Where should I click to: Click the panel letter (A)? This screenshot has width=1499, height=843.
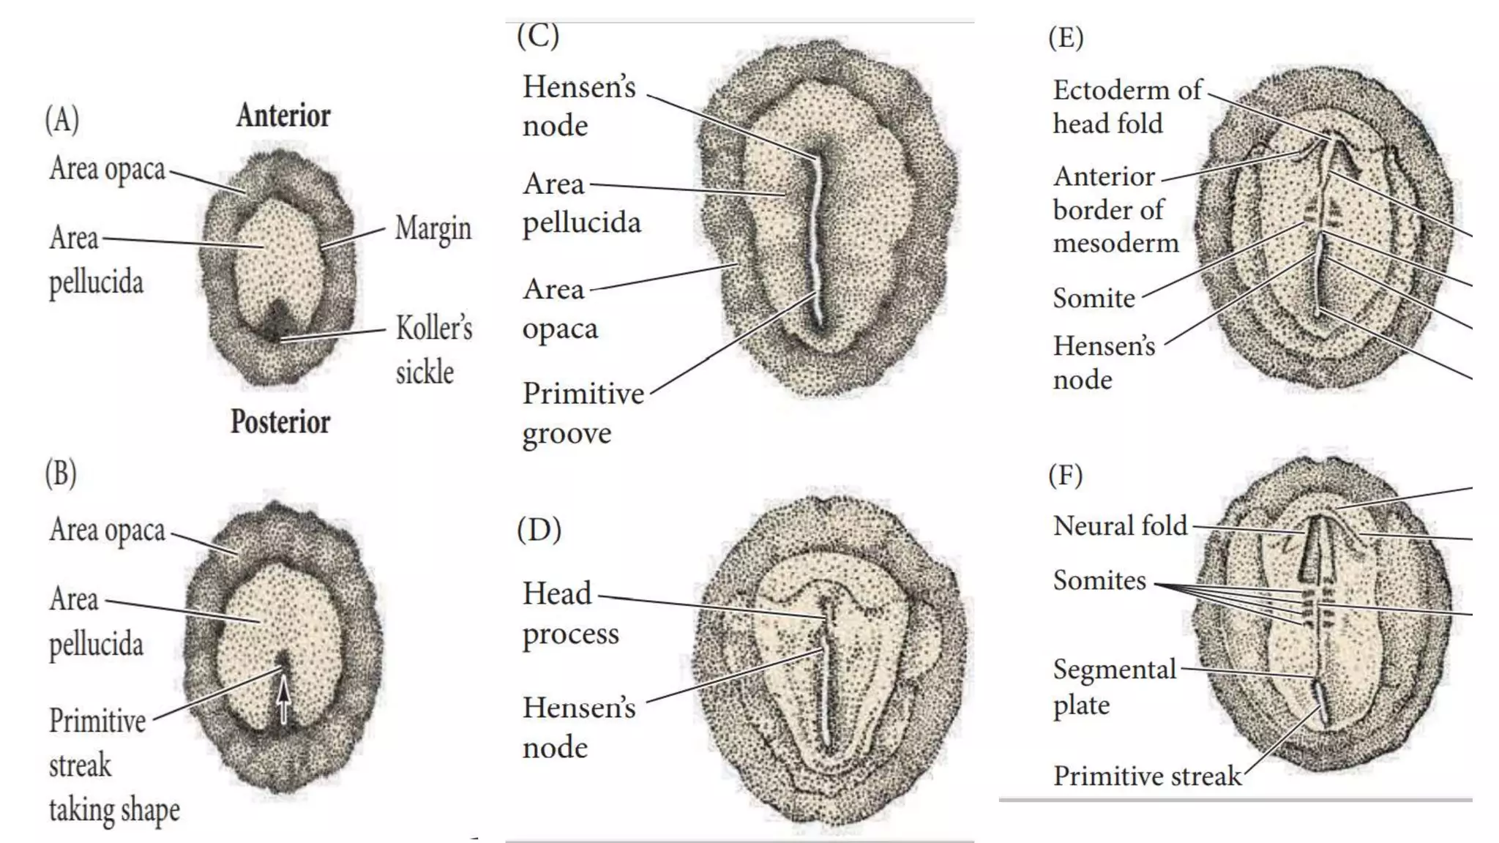tap(62, 119)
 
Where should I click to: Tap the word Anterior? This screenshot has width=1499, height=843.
tap(283, 116)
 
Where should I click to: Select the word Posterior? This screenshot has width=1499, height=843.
tap(280, 421)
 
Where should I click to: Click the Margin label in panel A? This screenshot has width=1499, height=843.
tap(433, 228)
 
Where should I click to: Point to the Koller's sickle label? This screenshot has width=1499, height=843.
tap(433, 350)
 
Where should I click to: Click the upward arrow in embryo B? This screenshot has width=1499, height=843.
tap(283, 699)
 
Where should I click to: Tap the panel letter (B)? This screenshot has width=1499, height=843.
tap(61, 473)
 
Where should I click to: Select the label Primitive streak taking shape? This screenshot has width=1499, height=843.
tap(113, 765)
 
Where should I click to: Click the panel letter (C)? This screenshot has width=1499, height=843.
tap(538, 35)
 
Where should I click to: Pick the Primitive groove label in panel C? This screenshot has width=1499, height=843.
tap(583, 413)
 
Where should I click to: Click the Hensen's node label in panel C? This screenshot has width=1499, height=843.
tap(579, 106)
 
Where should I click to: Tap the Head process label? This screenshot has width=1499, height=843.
tap(570, 613)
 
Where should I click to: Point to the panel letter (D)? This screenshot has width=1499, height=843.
tap(539, 529)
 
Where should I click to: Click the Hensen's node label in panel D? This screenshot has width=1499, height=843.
tap(579, 727)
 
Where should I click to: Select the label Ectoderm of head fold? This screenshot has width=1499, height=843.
tap(1126, 107)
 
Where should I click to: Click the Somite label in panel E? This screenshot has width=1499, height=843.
tap(1094, 299)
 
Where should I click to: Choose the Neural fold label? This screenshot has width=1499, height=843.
tap(1120, 525)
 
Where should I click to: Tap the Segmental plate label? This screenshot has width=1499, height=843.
tap(1114, 686)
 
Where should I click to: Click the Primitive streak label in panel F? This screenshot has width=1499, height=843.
tap(1147, 776)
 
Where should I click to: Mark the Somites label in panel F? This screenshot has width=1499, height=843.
tap(1099, 580)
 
